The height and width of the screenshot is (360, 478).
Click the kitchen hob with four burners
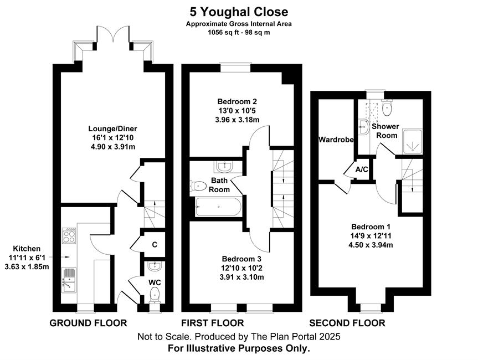(69, 235)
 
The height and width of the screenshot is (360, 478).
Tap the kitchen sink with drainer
(69, 280)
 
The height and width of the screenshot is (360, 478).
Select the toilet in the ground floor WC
(155, 295)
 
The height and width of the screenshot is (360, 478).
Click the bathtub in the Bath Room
(218, 207)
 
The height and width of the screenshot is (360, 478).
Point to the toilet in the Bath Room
(198, 186)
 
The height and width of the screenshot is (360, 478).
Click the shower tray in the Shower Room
(413, 142)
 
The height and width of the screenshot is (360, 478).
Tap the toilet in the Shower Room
(388, 108)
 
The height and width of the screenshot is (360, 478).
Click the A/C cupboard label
(362, 169)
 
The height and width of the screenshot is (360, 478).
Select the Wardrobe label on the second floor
(336, 140)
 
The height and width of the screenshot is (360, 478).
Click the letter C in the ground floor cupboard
(155, 245)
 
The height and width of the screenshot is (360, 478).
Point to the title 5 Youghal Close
(239, 12)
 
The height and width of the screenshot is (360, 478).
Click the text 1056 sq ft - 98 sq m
(239, 32)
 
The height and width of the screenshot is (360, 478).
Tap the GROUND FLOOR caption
(88, 323)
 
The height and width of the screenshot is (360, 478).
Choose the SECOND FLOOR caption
(347, 323)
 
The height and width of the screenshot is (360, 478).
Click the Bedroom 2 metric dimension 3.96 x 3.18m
(237, 120)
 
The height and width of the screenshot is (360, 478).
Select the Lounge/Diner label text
(113, 128)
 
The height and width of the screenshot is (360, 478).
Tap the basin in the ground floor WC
(155, 266)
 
